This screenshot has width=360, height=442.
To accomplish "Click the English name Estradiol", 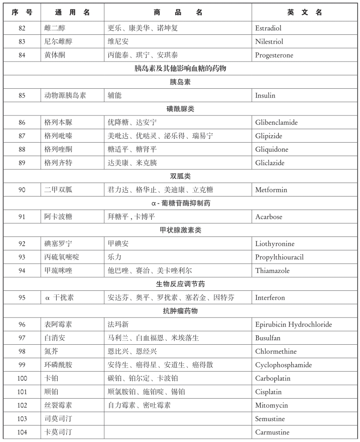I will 268,28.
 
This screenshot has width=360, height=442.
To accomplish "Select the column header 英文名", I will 305,12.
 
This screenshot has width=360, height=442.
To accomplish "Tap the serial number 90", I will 22,190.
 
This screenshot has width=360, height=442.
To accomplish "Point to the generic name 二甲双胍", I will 58,190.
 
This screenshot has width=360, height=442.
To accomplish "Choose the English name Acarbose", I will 269,217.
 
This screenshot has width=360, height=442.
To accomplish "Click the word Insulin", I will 265,95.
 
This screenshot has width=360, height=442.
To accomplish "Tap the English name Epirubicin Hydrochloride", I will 293,324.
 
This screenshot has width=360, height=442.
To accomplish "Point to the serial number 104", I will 22,432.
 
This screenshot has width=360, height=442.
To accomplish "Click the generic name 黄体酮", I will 55,55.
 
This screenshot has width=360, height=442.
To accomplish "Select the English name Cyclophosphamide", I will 283,365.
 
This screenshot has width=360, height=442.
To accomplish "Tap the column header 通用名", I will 72,12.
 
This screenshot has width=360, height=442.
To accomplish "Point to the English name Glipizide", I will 269,136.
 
